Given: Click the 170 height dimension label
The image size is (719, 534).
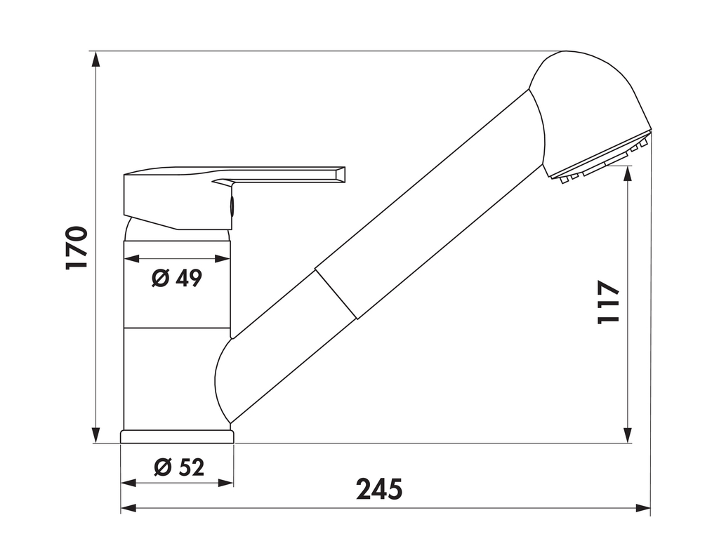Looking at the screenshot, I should click(x=77, y=248).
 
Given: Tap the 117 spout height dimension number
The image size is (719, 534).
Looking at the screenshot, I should click(x=608, y=302).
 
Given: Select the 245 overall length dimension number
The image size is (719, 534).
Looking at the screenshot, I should click(x=379, y=489).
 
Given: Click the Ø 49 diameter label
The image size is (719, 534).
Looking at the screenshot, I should click(x=177, y=279).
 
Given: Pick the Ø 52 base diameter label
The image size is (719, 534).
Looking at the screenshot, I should click(x=178, y=466).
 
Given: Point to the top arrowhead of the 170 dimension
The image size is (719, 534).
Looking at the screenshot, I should click(x=96, y=58).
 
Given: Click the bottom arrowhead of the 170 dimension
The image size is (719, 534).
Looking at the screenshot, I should click(x=96, y=436).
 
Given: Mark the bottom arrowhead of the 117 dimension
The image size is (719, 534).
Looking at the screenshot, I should click(x=628, y=436).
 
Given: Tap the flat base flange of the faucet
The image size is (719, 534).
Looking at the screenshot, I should click(x=176, y=436).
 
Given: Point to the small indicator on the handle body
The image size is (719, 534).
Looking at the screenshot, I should click(x=232, y=206).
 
